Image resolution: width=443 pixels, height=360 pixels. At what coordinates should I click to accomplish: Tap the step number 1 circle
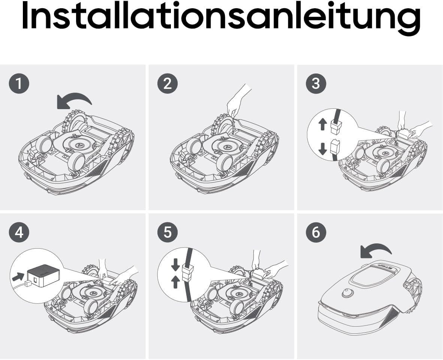tap(19, 84)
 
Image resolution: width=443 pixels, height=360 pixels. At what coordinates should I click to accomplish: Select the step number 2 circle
tap(168, 84)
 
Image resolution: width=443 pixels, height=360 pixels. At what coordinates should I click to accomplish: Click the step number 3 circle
tap(316, 84)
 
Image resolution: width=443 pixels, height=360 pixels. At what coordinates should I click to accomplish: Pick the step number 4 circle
tap(19, 232)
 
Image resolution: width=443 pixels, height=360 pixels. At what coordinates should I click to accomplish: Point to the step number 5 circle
tap(168, 232)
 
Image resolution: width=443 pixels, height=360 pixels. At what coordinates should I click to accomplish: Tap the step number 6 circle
tap(316, 232)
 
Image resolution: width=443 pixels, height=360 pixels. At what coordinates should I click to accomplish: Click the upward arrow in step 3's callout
tap(323, 124)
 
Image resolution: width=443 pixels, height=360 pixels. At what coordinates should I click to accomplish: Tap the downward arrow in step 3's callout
tap(323, 148)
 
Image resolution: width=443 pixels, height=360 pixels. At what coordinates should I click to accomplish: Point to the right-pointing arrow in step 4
tap(18, 276)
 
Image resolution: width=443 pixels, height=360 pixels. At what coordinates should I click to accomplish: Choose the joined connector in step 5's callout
tap(188, 273)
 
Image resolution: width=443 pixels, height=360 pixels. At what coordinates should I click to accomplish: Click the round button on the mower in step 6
tap(348, 293)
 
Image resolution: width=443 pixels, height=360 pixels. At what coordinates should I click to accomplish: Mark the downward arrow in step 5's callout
tap(175, 264)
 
